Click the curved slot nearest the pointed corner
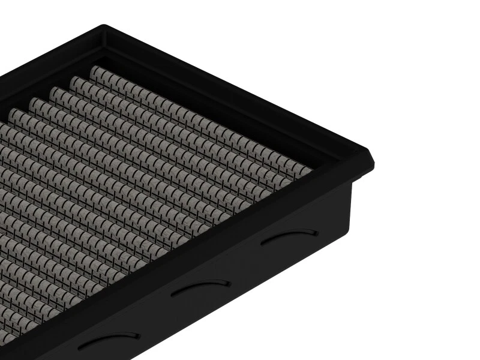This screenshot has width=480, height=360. click(x=290, y=236)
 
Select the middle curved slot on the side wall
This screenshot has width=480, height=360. click(x=200, y=287)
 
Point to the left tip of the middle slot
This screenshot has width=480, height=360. click(x=172, y=293)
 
